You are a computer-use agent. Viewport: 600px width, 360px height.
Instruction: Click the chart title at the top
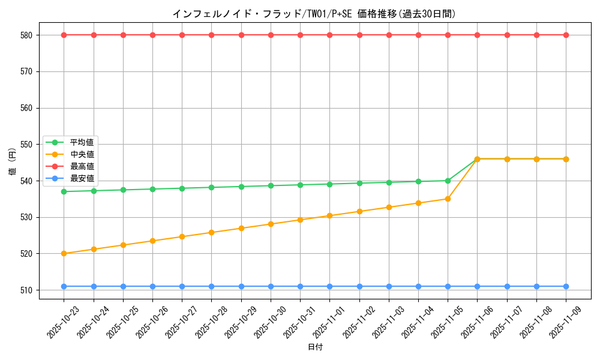(314, 14)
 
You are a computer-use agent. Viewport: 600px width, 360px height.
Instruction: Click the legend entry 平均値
(82, 143)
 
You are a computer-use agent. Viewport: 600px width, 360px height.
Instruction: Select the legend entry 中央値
(82, 154)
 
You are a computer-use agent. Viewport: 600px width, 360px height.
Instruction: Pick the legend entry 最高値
(82, 166)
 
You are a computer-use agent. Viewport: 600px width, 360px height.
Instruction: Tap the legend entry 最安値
(82, 178)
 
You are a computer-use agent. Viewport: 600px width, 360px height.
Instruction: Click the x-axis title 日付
(315, 347)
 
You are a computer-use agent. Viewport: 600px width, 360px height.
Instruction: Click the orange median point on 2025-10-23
(64, 253)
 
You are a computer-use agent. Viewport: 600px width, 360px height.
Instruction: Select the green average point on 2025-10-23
(64, 191)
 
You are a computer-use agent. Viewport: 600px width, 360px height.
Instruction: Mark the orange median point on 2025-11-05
(448, 199)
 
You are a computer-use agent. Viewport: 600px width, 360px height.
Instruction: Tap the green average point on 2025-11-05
(448, 181)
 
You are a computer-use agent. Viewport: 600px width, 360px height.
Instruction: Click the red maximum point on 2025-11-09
(566, 35)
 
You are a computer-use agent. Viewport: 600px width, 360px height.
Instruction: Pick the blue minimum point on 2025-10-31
(300, 286)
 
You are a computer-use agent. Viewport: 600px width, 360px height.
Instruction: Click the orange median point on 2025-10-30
(271, 224)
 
